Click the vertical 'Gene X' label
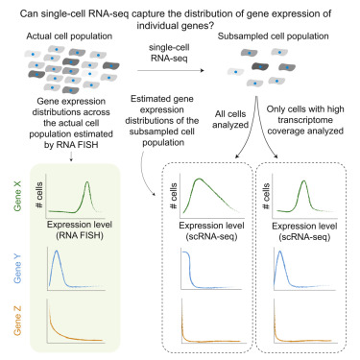[x=17, y=196]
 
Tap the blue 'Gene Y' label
[x=17, y=268]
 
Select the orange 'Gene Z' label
[x=17, y=321]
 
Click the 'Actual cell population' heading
[x=69, y=36]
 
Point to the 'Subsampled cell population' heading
[x=273, y=36]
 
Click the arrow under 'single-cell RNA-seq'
[x=171, y=70]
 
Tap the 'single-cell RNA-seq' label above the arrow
[x=169, y=53]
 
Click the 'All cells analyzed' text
[x=230, y=119]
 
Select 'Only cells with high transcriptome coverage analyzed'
[x=305, y=120]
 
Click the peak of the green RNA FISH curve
[x=87, y=182]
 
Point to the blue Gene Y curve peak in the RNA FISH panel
[x=57, y=251]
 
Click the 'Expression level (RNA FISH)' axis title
[x=80, y=229]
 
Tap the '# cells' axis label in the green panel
[x=39, y=195]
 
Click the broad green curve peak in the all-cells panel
[x=199, y=179]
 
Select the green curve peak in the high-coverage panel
[x=303, y=181]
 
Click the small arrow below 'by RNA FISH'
[x=71, y=156]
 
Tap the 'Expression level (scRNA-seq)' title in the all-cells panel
[x=211, y=231]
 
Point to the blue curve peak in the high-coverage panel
[x=280, y=252]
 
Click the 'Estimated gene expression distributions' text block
[x=162, y=120]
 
